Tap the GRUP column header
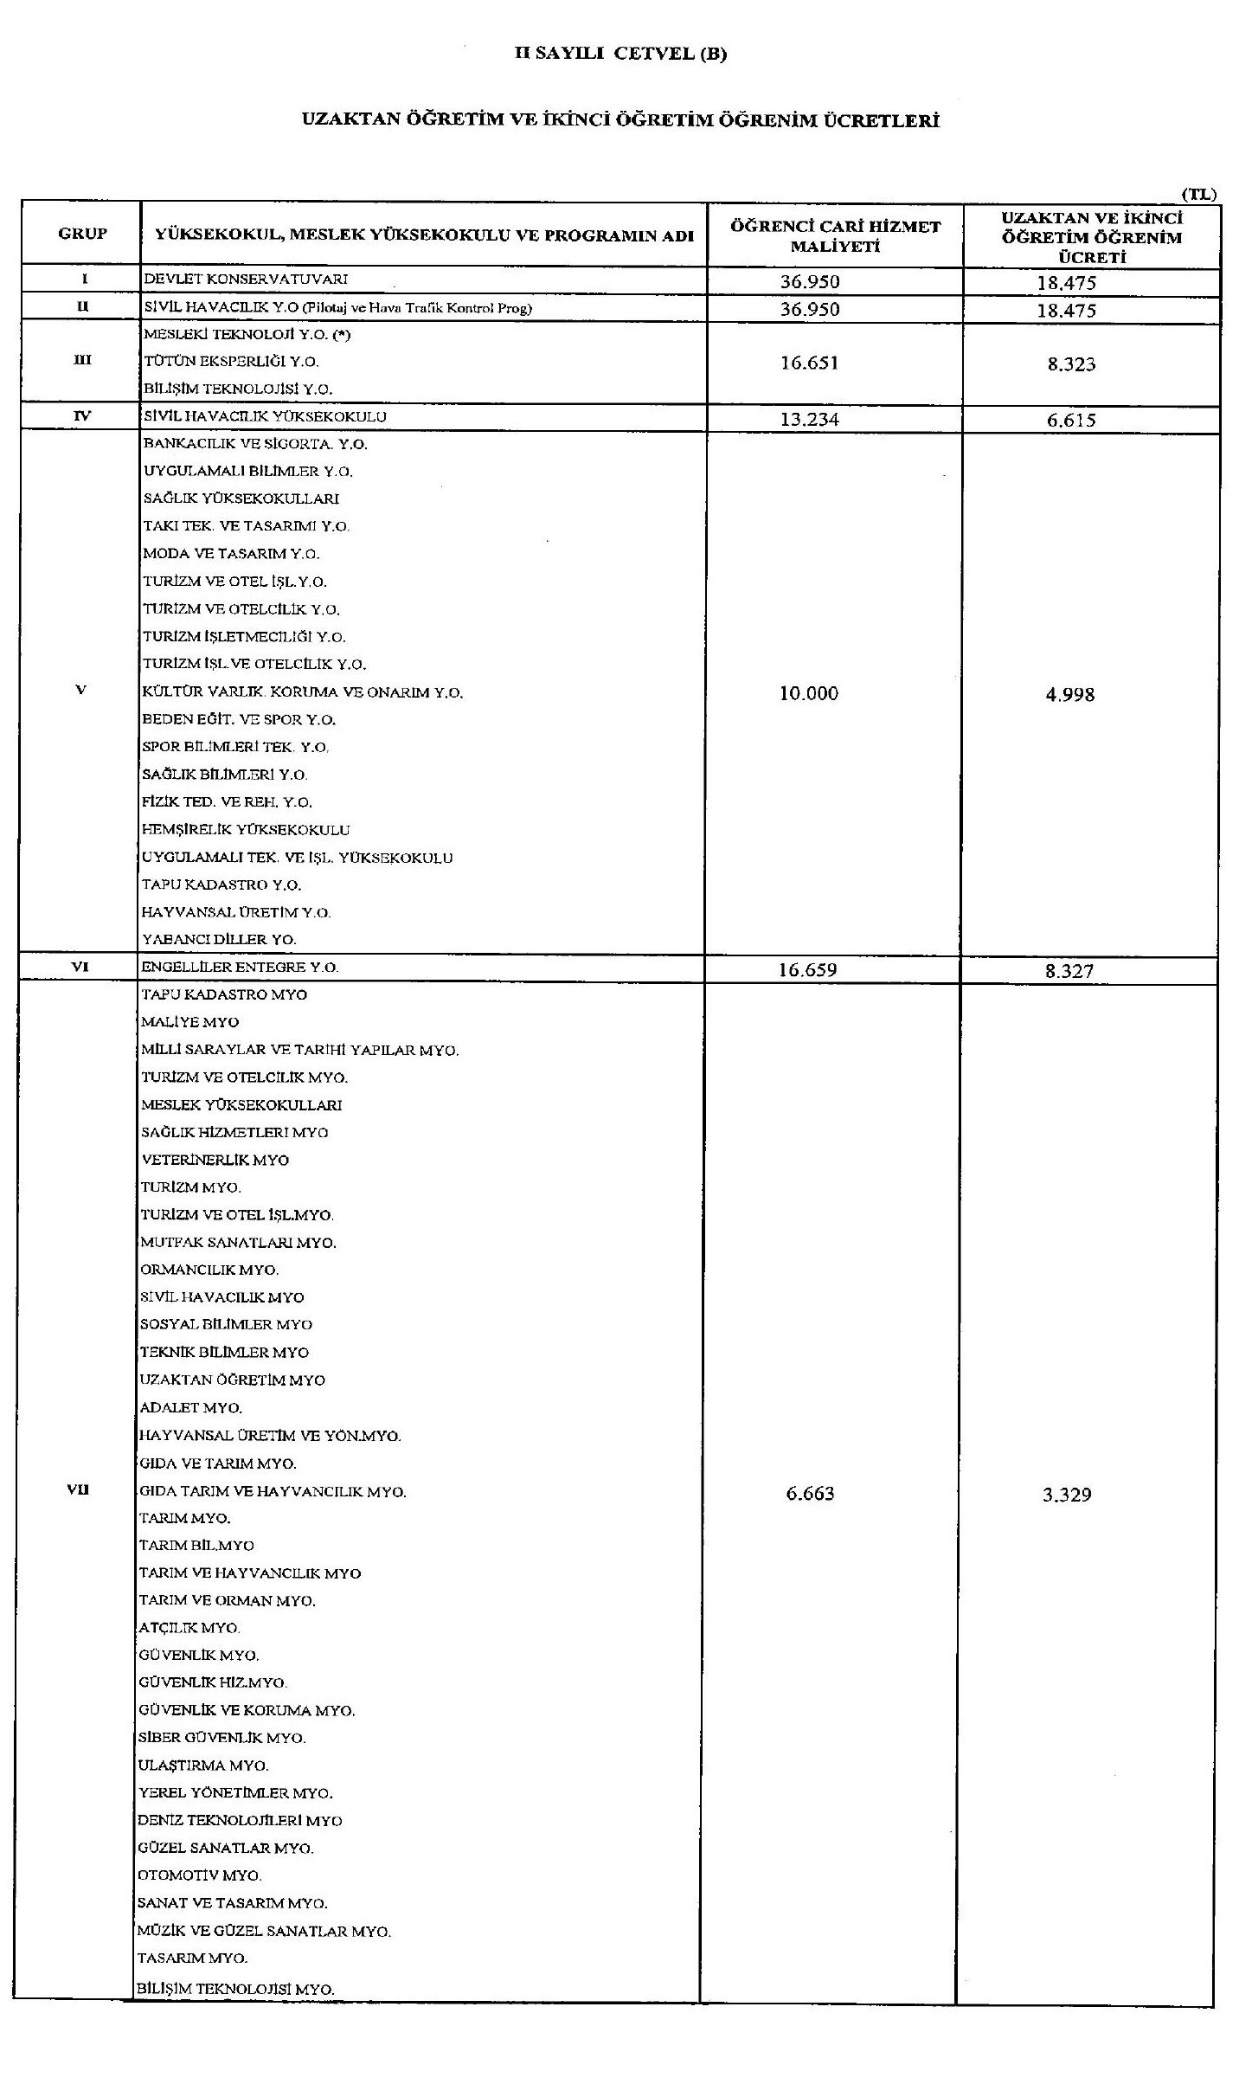82,234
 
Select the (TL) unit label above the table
1198,195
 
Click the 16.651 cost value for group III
809,363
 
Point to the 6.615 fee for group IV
1066,421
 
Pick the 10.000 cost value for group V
809,693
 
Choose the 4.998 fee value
1068,694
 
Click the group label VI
80,968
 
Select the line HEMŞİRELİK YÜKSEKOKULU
246,830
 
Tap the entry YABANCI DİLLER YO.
219,939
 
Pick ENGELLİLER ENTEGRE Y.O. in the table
240,968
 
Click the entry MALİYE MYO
189,1022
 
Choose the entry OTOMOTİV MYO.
200,1875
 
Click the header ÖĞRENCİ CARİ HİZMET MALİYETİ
835,236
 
